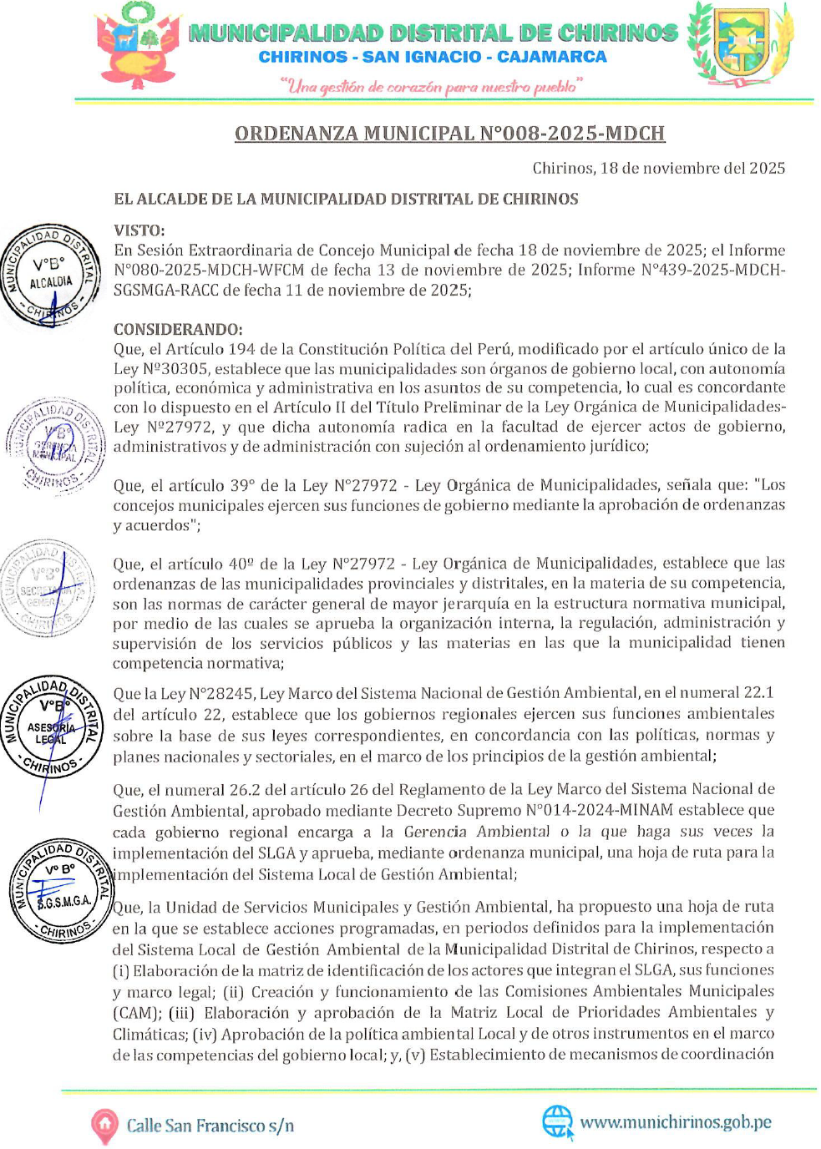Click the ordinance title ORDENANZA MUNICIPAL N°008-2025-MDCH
point(449,134)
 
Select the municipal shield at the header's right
point(740,44)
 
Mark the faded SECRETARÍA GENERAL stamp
point(48,588)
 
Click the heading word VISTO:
point(139,230)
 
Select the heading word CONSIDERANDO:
point(178,329)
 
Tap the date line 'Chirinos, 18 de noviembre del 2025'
point(658,168)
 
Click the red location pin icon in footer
point(104,1126)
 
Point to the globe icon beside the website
point(557,1121)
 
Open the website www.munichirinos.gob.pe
point(676,1122)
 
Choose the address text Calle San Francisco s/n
point(210,1126)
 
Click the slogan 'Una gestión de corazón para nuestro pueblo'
point(431,86)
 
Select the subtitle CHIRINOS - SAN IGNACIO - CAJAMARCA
point(433,57)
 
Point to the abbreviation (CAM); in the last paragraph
point(136,1013)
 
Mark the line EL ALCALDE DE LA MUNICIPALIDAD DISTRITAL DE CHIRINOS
point(346,199)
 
